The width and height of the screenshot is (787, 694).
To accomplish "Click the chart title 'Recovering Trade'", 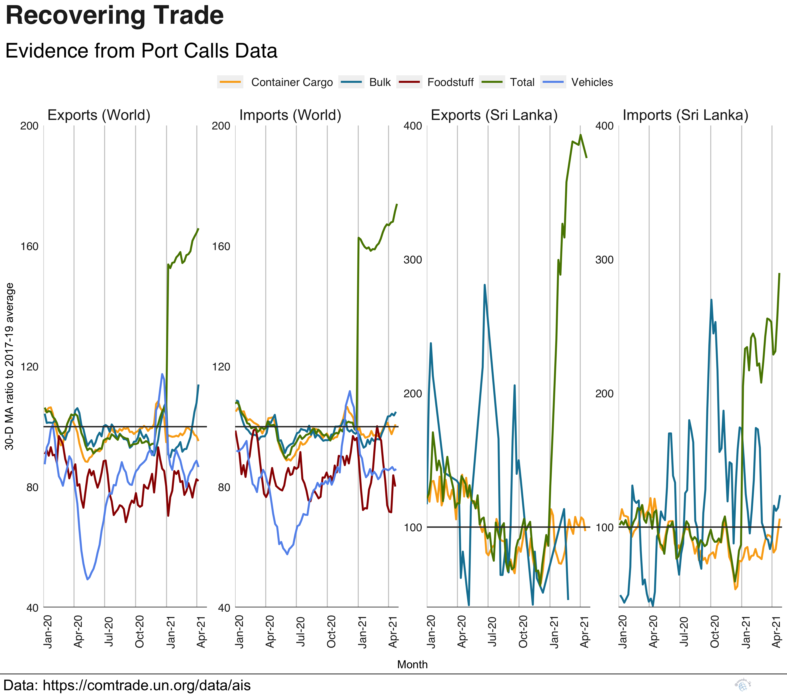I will tap(114, 16).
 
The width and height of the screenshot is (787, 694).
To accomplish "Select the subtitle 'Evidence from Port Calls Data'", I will tap(141, 51).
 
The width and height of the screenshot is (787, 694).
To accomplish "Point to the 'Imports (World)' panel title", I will tap(290, 115).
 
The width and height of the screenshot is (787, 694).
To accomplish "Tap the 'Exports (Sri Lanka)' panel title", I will tap(494, 115).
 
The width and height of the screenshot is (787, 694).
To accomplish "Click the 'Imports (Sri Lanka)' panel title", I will tap(685, 115).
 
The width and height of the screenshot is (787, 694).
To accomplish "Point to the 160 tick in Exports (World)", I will tap(29, 246).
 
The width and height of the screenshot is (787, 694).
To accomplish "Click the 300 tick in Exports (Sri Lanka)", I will tap(413, 260).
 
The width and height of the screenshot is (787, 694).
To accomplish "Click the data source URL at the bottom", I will tap(146, 685).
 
